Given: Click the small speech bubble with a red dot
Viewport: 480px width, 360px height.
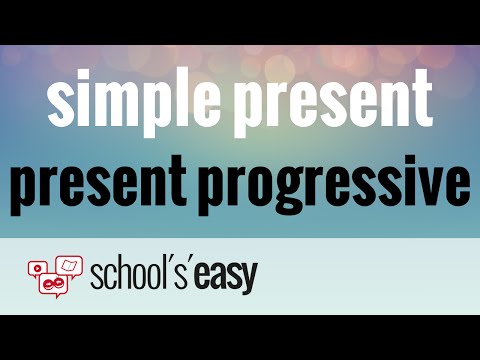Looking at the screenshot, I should [x=38, y=268].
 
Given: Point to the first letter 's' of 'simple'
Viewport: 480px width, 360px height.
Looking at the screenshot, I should [x=59, y=103].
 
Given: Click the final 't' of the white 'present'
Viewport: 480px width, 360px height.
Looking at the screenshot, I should [x=419, y=101].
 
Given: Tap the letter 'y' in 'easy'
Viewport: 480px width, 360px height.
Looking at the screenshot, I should [x=247, y=282].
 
